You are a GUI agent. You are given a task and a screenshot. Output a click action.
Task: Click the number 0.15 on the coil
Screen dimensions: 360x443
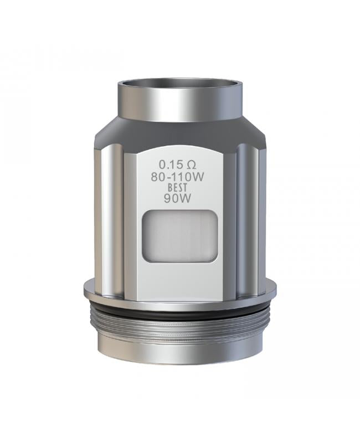pos(169,164)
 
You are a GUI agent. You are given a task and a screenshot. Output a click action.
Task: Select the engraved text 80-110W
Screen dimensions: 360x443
pos(177,177)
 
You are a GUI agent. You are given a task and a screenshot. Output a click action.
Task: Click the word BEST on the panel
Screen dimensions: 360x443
pos(177,188)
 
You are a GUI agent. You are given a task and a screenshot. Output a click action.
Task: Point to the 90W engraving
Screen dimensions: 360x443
pos(177,199)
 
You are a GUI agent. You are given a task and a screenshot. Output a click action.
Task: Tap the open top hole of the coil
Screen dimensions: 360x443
pos(179,85)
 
